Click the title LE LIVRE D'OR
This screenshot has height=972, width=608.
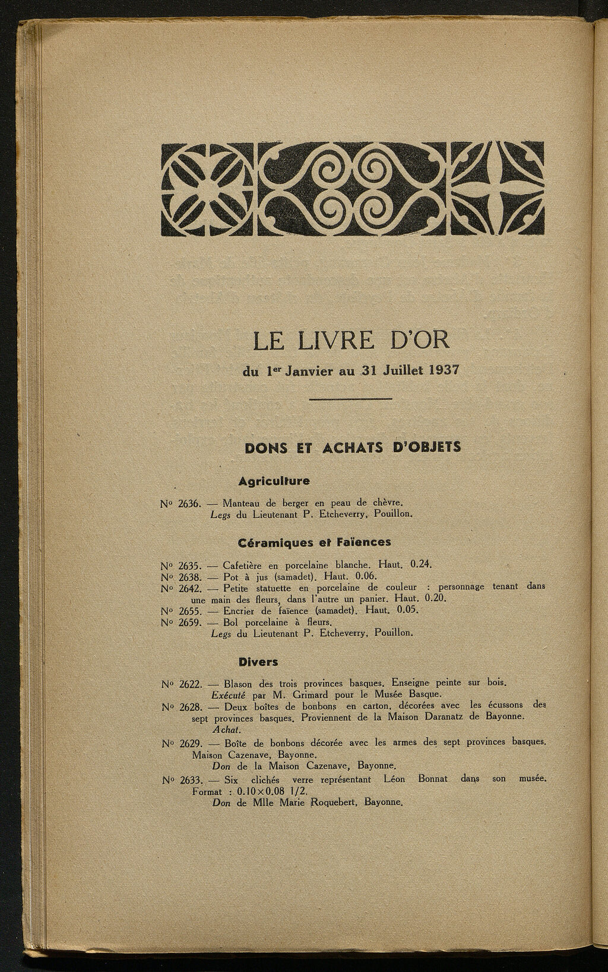pos(351,341)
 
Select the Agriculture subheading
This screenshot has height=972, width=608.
pos(274,480)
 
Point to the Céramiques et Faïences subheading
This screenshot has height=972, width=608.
pos(314,542)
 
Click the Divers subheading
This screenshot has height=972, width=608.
pos(258,661)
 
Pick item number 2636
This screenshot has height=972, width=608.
pos(189,504)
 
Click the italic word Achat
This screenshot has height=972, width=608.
pos(223,729)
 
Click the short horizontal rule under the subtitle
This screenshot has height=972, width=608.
pos(351,399)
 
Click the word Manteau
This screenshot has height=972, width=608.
pos(243,504)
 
